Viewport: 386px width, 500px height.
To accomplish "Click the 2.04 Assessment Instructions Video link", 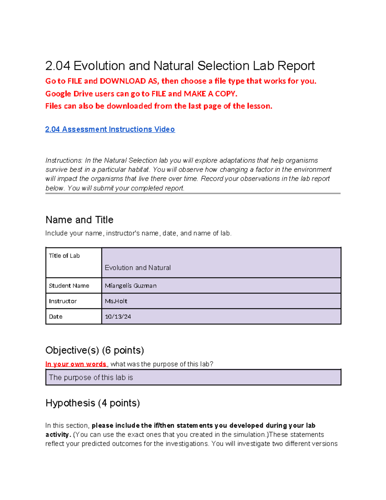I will click(110, 129).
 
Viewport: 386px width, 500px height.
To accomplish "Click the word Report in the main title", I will click(296, 66).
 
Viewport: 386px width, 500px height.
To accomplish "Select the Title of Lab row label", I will click(64, 256).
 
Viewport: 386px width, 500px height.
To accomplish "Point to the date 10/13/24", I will click(118, 316).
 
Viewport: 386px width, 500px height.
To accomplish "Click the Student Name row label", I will click(69, 286).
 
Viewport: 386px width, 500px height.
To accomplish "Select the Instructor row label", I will click(63, 301).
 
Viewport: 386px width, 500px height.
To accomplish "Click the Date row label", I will click(56, 316).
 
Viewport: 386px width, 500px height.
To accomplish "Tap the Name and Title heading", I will click(79, 220).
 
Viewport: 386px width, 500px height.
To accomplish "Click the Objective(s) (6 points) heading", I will click(95, 350).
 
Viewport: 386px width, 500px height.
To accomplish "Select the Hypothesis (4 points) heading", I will click(93, 403).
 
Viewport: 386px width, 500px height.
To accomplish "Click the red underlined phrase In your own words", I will click(76, 364).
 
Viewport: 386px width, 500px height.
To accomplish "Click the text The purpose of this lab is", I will click(91, 377).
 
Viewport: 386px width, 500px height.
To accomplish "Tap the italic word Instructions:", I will click(64, 160).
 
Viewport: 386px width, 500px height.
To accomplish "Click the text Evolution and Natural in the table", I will click(138, 268).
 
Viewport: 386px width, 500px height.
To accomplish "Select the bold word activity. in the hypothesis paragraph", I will click(58, 435).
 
